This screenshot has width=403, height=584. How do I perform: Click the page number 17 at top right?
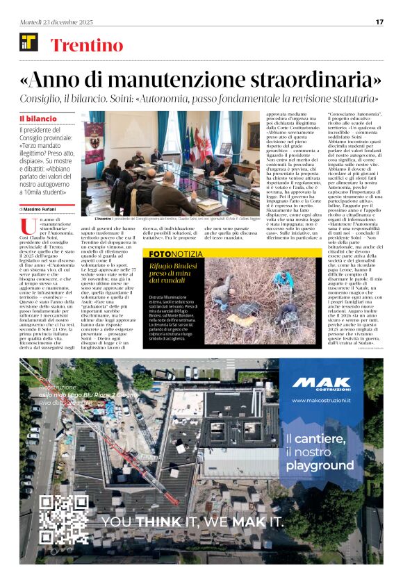379,22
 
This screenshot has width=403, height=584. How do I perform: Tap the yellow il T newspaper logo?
28,42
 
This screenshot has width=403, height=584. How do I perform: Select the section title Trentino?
87,46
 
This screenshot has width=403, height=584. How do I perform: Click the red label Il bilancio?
38,119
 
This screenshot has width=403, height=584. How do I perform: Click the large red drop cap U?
28,226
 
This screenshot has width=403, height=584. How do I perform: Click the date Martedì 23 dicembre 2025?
50,22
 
